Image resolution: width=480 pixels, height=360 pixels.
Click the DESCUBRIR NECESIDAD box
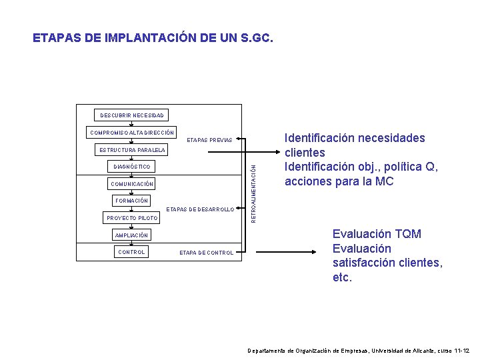click(x=132, y=115)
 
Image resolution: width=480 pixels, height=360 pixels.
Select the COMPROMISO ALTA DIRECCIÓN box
click(x=132, y=133)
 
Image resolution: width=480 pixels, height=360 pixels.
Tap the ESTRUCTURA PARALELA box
click(x=132, y=150)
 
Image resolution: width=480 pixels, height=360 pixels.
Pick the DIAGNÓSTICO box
click(x=132, y=167)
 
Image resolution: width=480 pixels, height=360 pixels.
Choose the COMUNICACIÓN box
click(x=132, y=184)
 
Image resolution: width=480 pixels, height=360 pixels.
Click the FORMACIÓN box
click(x=132, y=201)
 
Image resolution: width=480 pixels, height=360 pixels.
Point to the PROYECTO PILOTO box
click(x=132, y=218)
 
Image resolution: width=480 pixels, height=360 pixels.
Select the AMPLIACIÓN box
click(x=132, y=235)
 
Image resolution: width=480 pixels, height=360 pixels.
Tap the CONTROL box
click(x=131, y=252)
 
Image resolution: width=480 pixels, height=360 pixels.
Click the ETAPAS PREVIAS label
click(x=209, y=141)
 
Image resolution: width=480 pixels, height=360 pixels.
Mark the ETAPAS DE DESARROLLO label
click(x=200, y=209)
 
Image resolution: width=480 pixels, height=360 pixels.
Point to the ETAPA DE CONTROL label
click(x=207, y=253)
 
